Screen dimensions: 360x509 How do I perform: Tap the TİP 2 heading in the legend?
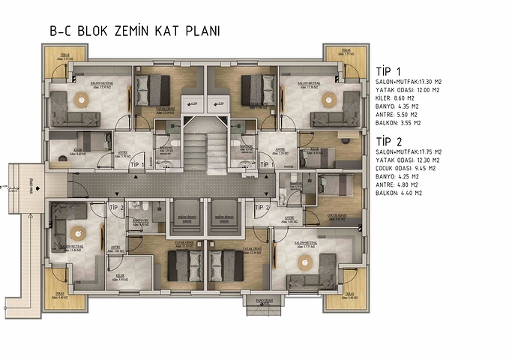(389, 141)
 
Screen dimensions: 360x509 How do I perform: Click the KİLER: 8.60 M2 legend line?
(398, 98)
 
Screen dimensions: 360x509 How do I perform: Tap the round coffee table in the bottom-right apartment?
(305, 261)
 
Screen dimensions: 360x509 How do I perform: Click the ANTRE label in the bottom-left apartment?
(116, 246)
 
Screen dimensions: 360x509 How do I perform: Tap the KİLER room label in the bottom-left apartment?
(119, 276)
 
